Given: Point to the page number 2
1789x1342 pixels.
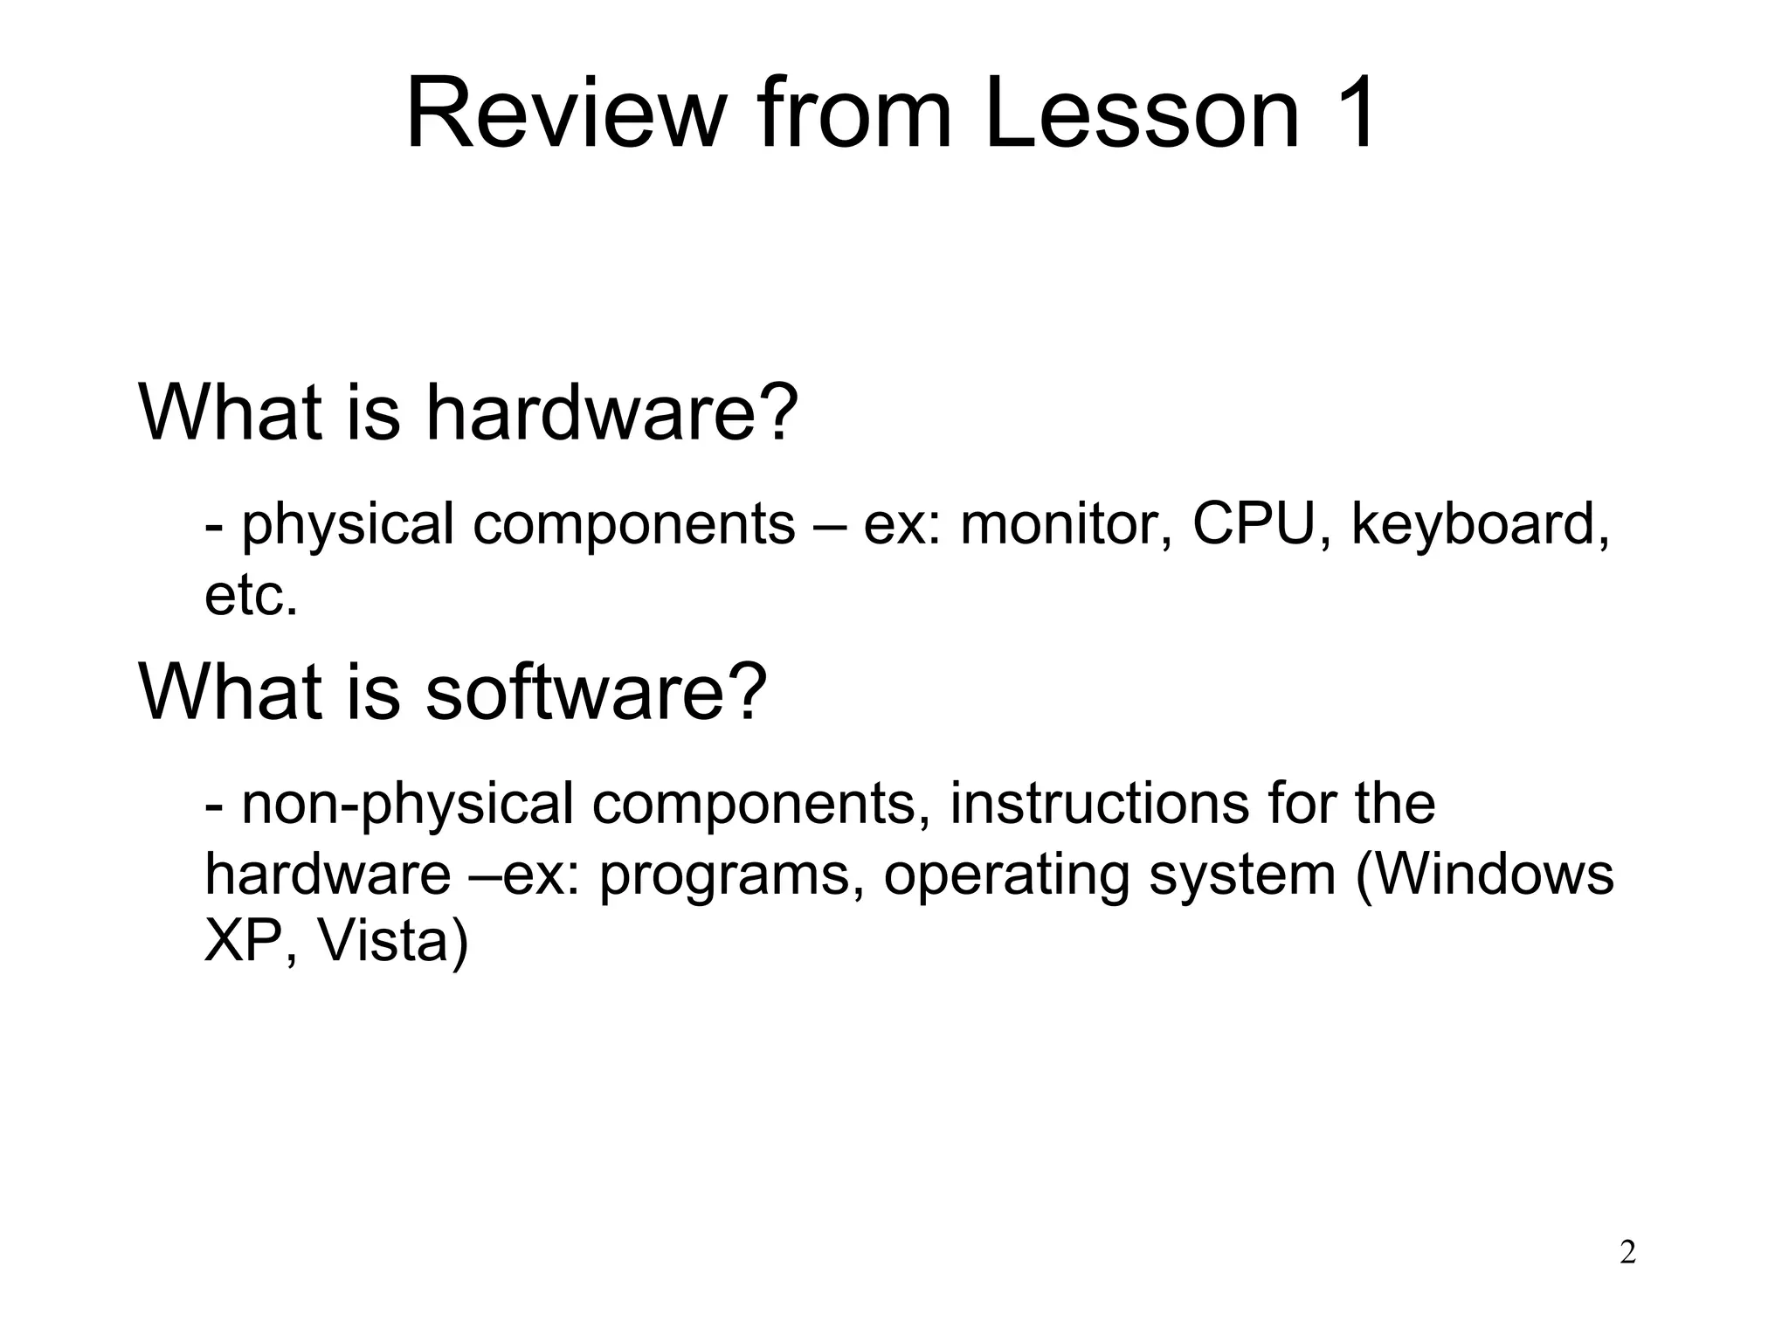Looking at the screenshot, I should tap(1627, 1253).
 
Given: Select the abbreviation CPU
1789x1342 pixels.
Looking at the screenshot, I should tap(1254, 524).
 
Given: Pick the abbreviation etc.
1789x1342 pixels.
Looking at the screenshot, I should tap(252, 596).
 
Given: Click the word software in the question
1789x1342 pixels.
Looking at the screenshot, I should tap(578, 692).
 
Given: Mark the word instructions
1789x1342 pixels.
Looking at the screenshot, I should tap(1100, 804).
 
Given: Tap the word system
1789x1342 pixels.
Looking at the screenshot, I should tap(1242, 874).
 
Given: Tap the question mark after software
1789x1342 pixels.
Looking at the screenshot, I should tap(749, 692).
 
